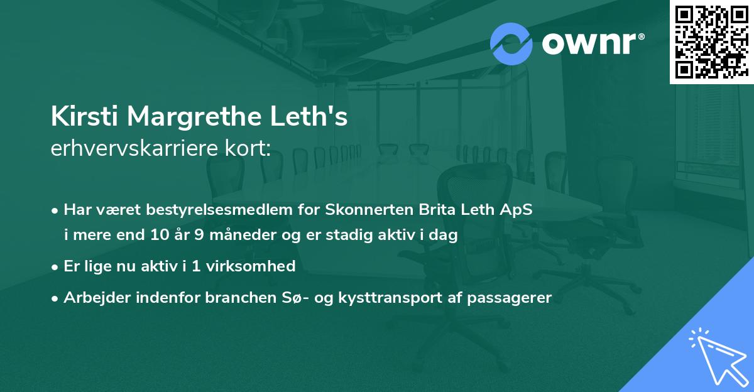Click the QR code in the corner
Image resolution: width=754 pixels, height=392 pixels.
coord(711,41)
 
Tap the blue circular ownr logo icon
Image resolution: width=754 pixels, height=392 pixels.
coord(511,43)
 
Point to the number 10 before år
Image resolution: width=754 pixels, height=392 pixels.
coord(160,236)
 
